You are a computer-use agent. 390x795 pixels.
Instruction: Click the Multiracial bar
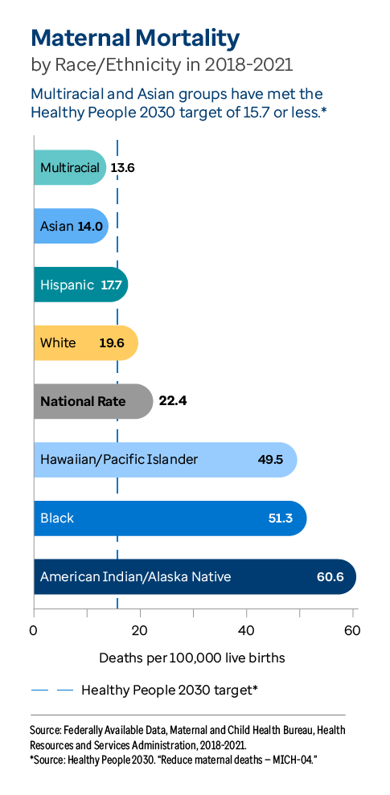point(70,168)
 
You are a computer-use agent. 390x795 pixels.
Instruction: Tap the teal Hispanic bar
point(80,285)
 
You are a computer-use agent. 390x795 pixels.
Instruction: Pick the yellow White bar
point(86,343)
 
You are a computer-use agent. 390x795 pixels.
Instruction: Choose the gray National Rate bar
point(92,401)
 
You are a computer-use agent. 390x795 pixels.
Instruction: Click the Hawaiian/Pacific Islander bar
point(165,460)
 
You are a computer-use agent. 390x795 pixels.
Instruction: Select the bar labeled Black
point(170,518)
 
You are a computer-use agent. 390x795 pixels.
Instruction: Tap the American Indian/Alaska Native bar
point(194,576)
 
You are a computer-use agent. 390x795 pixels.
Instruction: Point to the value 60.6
point(330,577)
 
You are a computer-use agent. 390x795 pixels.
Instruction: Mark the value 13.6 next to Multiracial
point(123,168)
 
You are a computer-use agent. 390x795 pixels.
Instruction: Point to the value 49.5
point(271,460)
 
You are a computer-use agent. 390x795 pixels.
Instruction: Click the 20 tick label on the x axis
point(140,630)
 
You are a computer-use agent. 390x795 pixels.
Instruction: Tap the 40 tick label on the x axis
point(246,630)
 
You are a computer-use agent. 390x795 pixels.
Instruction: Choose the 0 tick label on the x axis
point(34,630)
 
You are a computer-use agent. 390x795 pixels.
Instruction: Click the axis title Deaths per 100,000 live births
point(191,658)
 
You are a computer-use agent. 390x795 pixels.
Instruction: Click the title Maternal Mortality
point(135,38)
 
